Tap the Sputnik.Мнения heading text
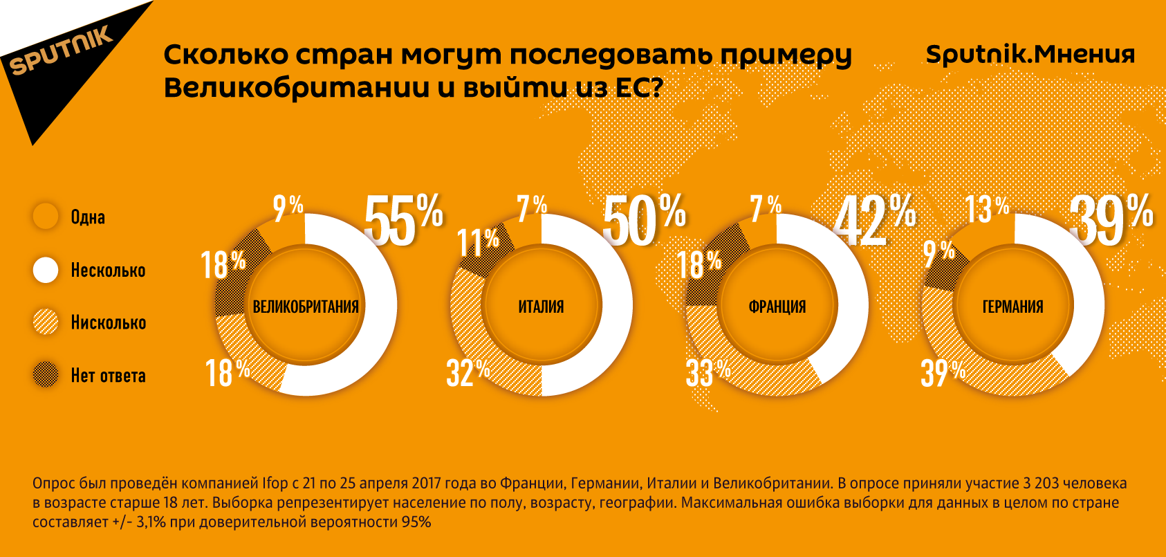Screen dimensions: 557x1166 [x=1030, y=54]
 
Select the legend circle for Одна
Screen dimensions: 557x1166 [x=46, y=217]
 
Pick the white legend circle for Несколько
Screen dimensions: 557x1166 [x=46, y=270]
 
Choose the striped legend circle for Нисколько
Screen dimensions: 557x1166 [x=46, y=322]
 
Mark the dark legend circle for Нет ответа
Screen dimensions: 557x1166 [x=46, y=375]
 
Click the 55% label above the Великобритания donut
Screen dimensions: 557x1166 [x=403, y=219]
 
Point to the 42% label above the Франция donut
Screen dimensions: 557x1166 [x=874, y=219]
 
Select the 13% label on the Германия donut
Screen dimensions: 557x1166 [x=987, y=208]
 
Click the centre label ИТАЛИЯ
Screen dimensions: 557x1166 [x=542, y=307]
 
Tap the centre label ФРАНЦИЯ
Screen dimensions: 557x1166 [x=777, y=307]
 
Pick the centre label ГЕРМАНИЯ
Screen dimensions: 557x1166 [x=1013, y=307]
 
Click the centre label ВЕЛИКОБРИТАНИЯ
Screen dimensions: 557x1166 [x=306, y=307]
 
